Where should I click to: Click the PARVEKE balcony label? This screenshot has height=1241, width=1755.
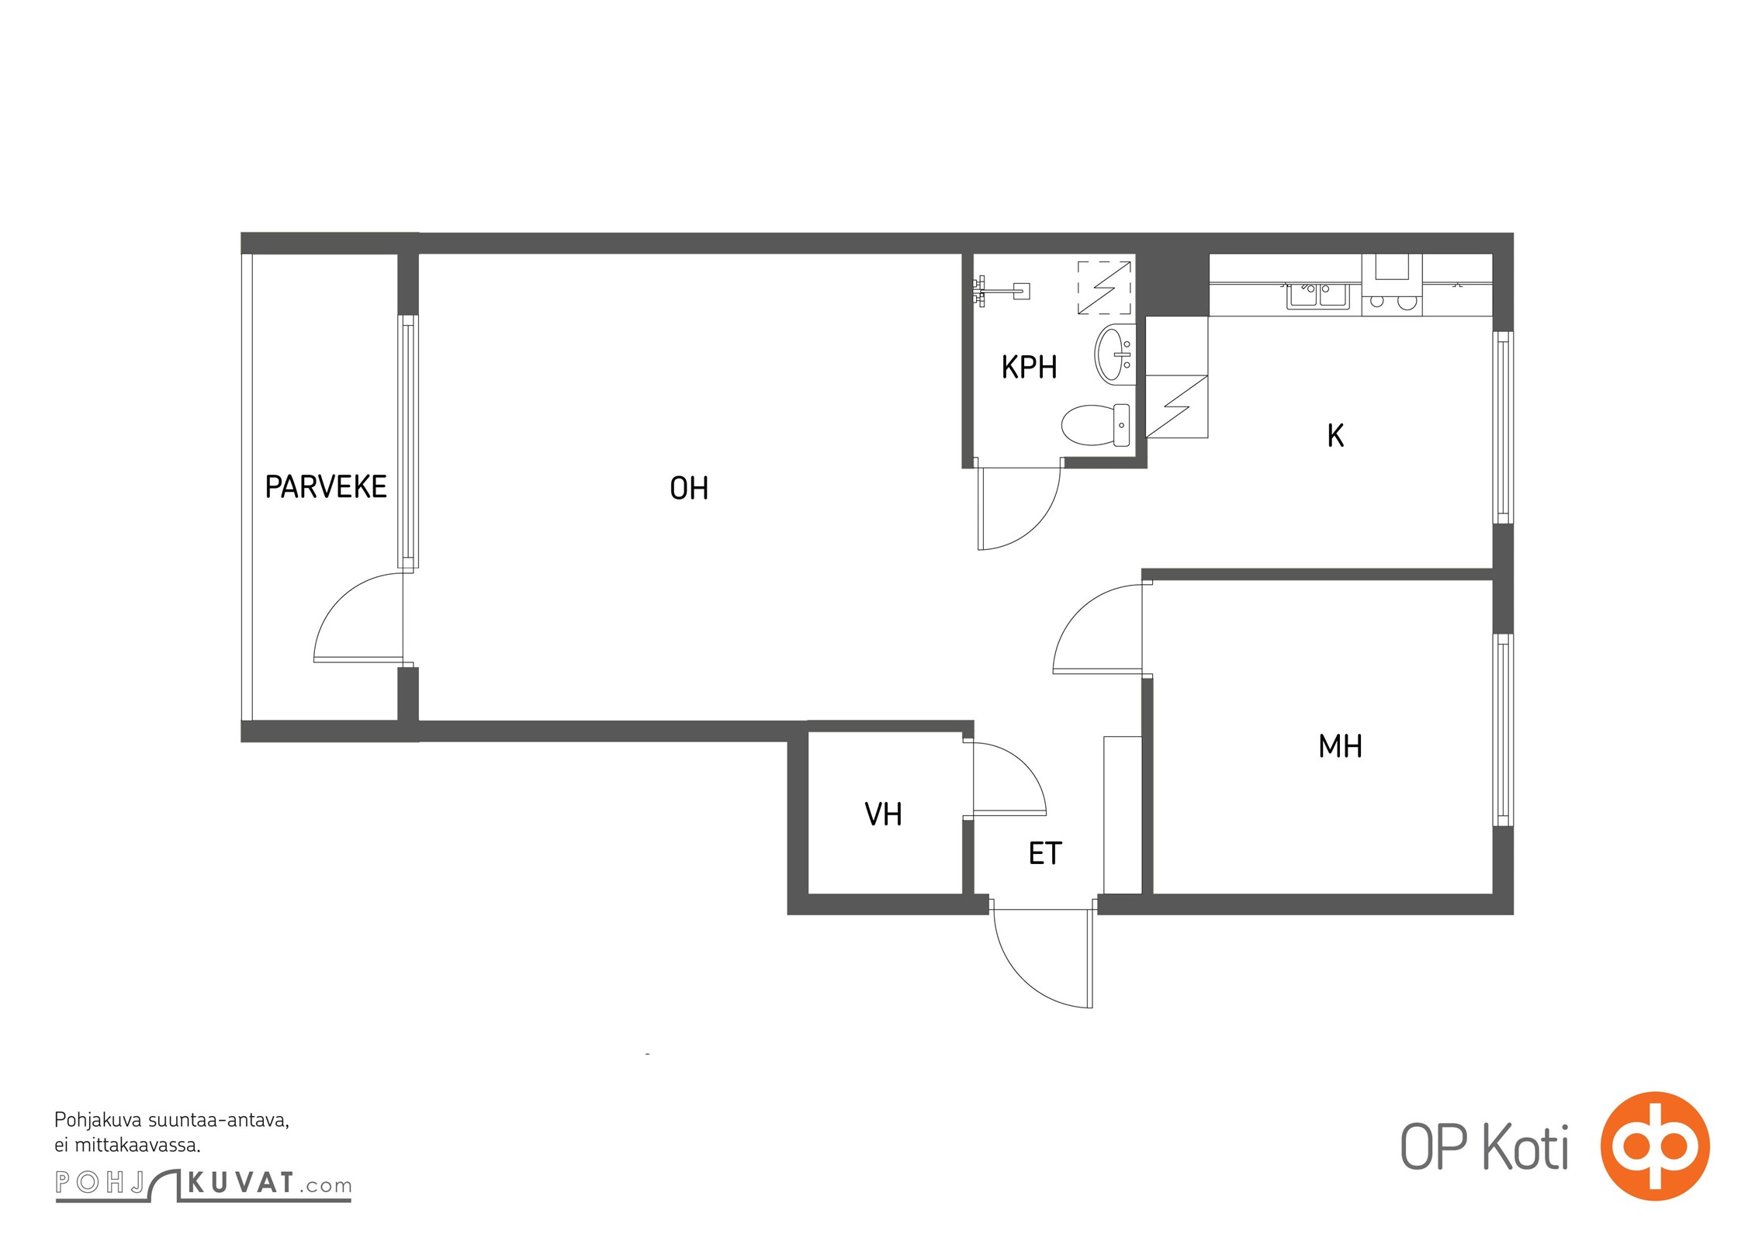click(326, 487)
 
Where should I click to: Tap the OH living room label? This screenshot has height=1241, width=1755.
click(689, 489)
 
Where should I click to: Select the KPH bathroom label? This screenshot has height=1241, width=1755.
click(1029, 367)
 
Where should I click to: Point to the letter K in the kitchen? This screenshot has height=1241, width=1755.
click(1335, 436)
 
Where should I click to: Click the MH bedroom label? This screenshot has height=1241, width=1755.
click(1340, 746)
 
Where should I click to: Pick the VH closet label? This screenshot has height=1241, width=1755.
click(883, 814)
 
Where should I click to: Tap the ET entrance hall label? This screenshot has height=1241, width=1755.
click(1044, 853)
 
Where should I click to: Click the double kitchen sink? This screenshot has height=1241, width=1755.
click(1318, 296)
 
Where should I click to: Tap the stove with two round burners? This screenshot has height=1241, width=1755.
click(1392, 301)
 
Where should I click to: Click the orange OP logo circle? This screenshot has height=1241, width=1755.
click(1655, 1146)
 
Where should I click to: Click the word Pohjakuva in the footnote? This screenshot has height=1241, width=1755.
click(98, 1121)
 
